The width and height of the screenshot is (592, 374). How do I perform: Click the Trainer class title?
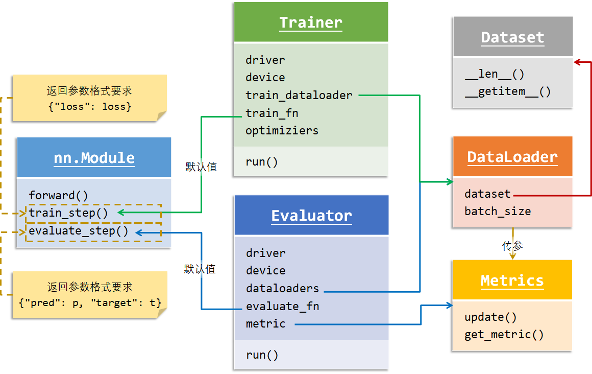[311, 23]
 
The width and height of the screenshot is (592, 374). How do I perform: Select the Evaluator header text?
[311, 216]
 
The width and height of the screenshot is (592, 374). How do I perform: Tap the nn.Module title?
[94, 158]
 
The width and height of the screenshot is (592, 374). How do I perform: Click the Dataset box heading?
[512, 38]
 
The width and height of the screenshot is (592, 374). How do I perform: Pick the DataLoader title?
[512, 157]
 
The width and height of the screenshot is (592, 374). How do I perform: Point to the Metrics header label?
[512, 281]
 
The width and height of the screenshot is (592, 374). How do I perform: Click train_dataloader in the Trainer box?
[299, 95]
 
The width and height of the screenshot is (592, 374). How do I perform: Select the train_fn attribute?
[272, 113]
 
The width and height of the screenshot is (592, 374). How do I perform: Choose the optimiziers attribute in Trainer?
[282, 130]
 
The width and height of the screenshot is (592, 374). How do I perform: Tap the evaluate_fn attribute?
[282, 306]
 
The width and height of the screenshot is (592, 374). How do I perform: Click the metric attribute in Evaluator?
[265, 323]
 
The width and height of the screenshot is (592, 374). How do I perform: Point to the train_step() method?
[68, 213]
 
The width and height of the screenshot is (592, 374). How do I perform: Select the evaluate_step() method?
[79, 231]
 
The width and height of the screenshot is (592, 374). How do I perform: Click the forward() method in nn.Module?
[58, 195]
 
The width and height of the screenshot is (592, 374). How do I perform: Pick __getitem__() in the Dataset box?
[508, 92]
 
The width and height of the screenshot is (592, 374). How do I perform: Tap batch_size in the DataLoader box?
[498, 212]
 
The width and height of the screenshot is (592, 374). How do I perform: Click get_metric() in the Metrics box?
[504, 335]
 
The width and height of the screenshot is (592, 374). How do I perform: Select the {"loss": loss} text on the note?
[89, 107]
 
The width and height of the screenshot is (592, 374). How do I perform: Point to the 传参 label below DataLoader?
[512, 247]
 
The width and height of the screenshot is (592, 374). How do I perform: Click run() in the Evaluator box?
[262, 355]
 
